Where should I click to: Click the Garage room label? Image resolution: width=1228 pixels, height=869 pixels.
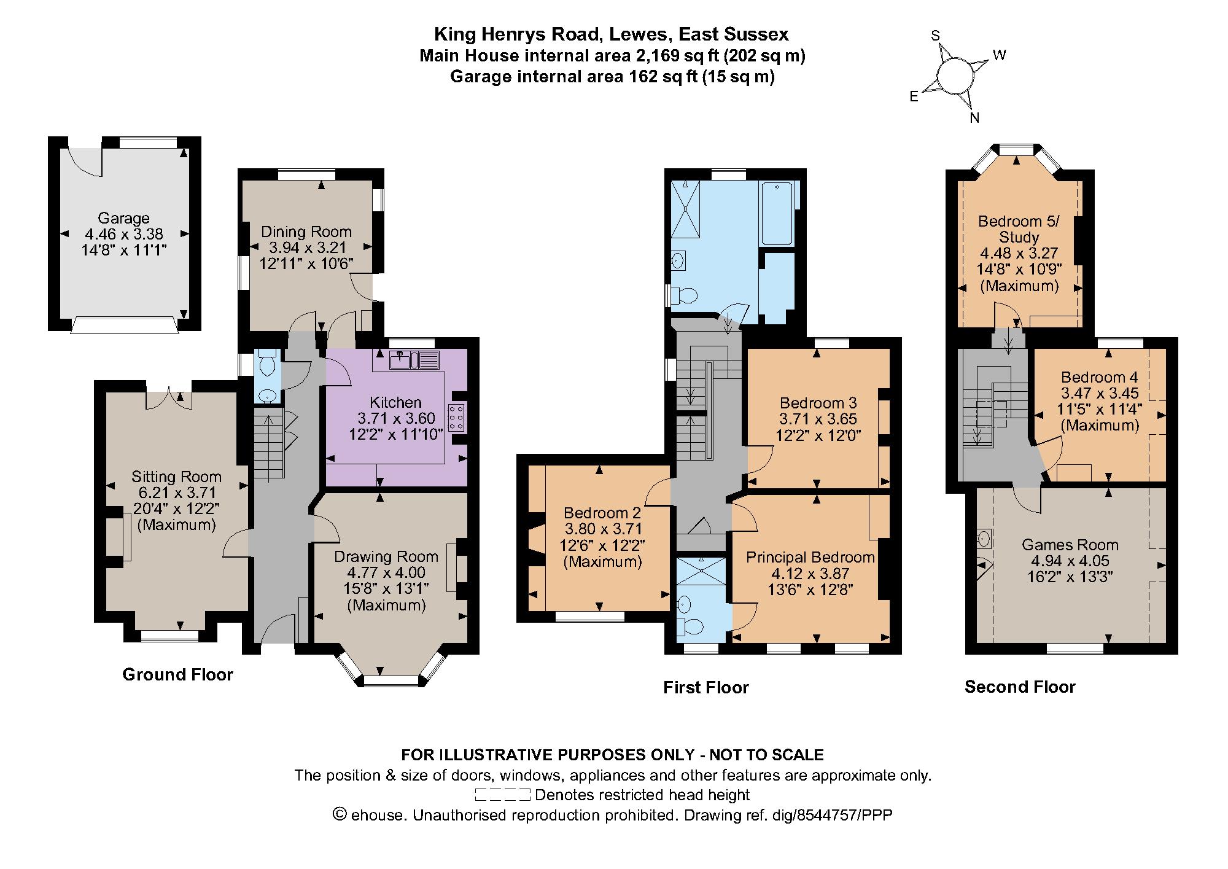point(123,218)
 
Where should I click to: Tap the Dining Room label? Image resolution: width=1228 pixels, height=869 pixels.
point(306,232)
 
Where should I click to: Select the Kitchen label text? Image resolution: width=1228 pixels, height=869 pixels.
point(396,402)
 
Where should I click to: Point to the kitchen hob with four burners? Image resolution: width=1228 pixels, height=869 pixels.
point(457,418)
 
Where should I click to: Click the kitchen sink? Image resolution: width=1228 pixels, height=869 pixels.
point(405,360)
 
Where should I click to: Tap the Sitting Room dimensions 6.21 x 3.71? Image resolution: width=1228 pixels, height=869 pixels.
point(177,493)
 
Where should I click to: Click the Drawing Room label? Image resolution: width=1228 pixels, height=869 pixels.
point(386,556)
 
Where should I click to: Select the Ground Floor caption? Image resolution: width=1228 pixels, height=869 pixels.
point(178,674)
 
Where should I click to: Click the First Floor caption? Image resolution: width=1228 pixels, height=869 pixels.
point(706,687)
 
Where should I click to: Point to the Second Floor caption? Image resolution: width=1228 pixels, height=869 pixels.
point(1020,687)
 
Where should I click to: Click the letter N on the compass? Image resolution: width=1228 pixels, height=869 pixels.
point(974,119)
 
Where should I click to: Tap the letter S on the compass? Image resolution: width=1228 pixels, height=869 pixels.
point(936,36)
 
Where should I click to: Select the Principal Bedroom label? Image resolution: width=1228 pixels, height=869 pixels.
point(810,557)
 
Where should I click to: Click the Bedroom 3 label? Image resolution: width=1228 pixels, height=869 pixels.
point(818,403)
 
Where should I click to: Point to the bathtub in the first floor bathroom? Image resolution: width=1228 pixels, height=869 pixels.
point(778,214)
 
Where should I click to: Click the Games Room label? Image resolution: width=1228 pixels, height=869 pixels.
point(1070,545)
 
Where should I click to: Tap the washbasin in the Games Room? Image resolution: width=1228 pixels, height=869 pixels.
point(983,539)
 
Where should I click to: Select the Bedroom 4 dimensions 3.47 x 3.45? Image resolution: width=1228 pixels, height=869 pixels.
point(1100,393)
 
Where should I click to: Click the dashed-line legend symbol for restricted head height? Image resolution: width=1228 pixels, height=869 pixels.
point(502,795)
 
